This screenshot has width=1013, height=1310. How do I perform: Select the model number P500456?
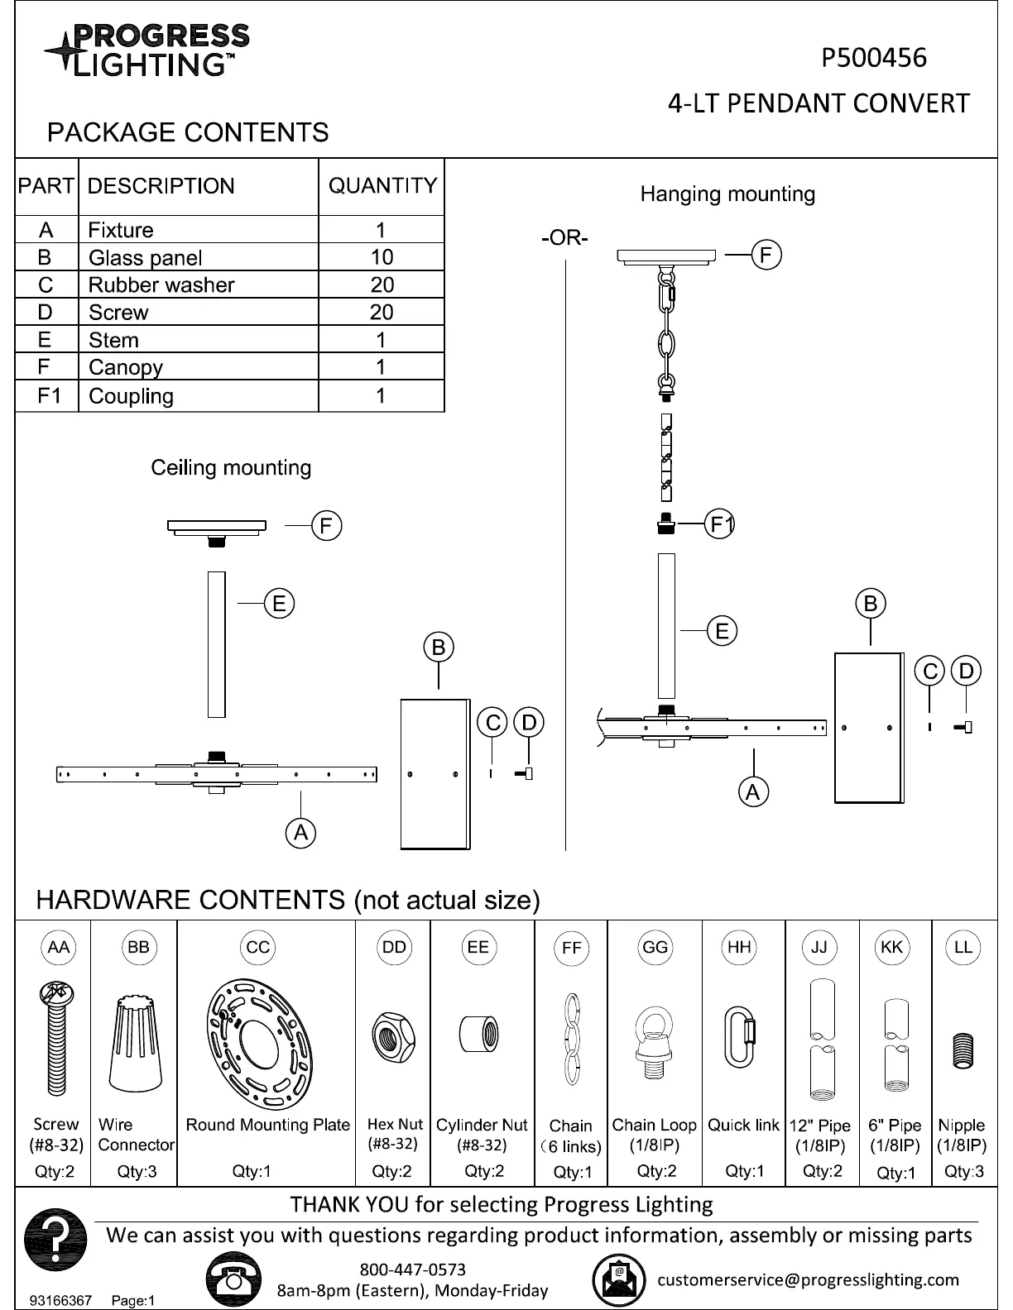coord(873,58)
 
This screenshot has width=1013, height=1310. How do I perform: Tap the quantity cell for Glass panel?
coord(382,257)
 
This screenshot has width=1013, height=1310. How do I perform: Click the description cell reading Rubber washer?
coord(161,285)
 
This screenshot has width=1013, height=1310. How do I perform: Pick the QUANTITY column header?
coord(382,186)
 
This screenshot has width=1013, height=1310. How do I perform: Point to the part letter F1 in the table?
coord(49,395)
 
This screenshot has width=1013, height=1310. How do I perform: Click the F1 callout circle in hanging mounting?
coord(722,524)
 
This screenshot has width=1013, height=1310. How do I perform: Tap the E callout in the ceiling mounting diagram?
coord(279,604)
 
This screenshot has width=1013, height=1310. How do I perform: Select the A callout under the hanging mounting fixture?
coord(752,792)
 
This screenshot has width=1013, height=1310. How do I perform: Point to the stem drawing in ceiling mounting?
coord(217,644)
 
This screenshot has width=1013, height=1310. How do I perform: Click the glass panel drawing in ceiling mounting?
coord(435,774)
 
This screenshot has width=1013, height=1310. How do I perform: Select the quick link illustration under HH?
coord(739,1036)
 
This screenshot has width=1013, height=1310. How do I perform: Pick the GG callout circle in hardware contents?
coord(655,947)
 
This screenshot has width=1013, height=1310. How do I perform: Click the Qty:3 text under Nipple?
coord(963,1171)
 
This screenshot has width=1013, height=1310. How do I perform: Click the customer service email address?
coord(808,1279)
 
